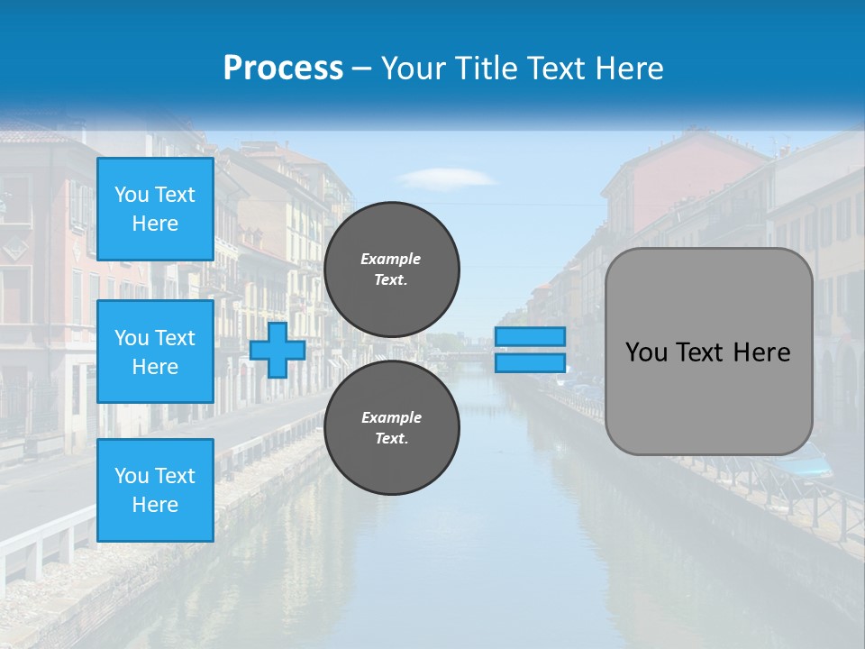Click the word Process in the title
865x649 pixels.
(x=283, y=69)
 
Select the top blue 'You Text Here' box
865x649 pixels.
(x=155, y=209)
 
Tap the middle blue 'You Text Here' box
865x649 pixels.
(x=155, y=352)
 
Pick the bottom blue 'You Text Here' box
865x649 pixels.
(x=155, y=489)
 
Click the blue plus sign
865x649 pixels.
(x=278, y=350)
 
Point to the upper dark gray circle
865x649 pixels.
(x=392, y=270)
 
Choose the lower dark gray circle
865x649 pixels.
(x=392, y=427)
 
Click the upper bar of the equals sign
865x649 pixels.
(x=530, y=336)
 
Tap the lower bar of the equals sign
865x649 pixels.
(x=530, y=362)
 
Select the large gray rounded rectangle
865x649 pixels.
(x=708, y=397)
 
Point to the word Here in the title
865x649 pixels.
(x=630, y=69)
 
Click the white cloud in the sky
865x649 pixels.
(x=448, y=177)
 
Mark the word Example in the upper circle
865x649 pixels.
(x=390, y=259)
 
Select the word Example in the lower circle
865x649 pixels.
(x=391, y=417)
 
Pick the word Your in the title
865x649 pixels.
(x=412, y=69)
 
